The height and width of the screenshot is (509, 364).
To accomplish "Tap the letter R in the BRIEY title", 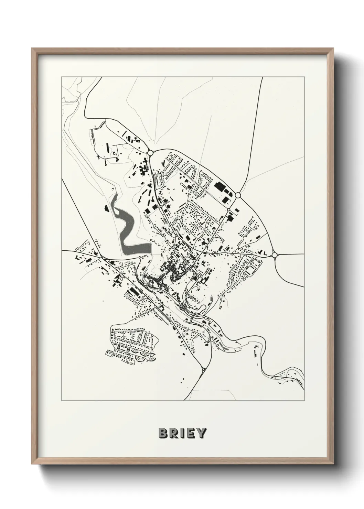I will tap(173, 433).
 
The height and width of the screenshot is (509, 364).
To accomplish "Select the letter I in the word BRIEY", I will tap(181, 433).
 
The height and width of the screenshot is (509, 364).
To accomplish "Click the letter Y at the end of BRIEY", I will tap(201, 433).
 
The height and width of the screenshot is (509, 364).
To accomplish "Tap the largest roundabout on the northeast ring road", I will tap(237, 195).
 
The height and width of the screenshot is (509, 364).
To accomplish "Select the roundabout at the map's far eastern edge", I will tap(274, 255).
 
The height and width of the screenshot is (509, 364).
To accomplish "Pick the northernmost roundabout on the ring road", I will tap(150, 153).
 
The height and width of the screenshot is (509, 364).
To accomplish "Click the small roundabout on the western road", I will tap(103, 258).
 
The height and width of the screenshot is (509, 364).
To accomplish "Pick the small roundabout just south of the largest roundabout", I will tap(228, 209).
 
